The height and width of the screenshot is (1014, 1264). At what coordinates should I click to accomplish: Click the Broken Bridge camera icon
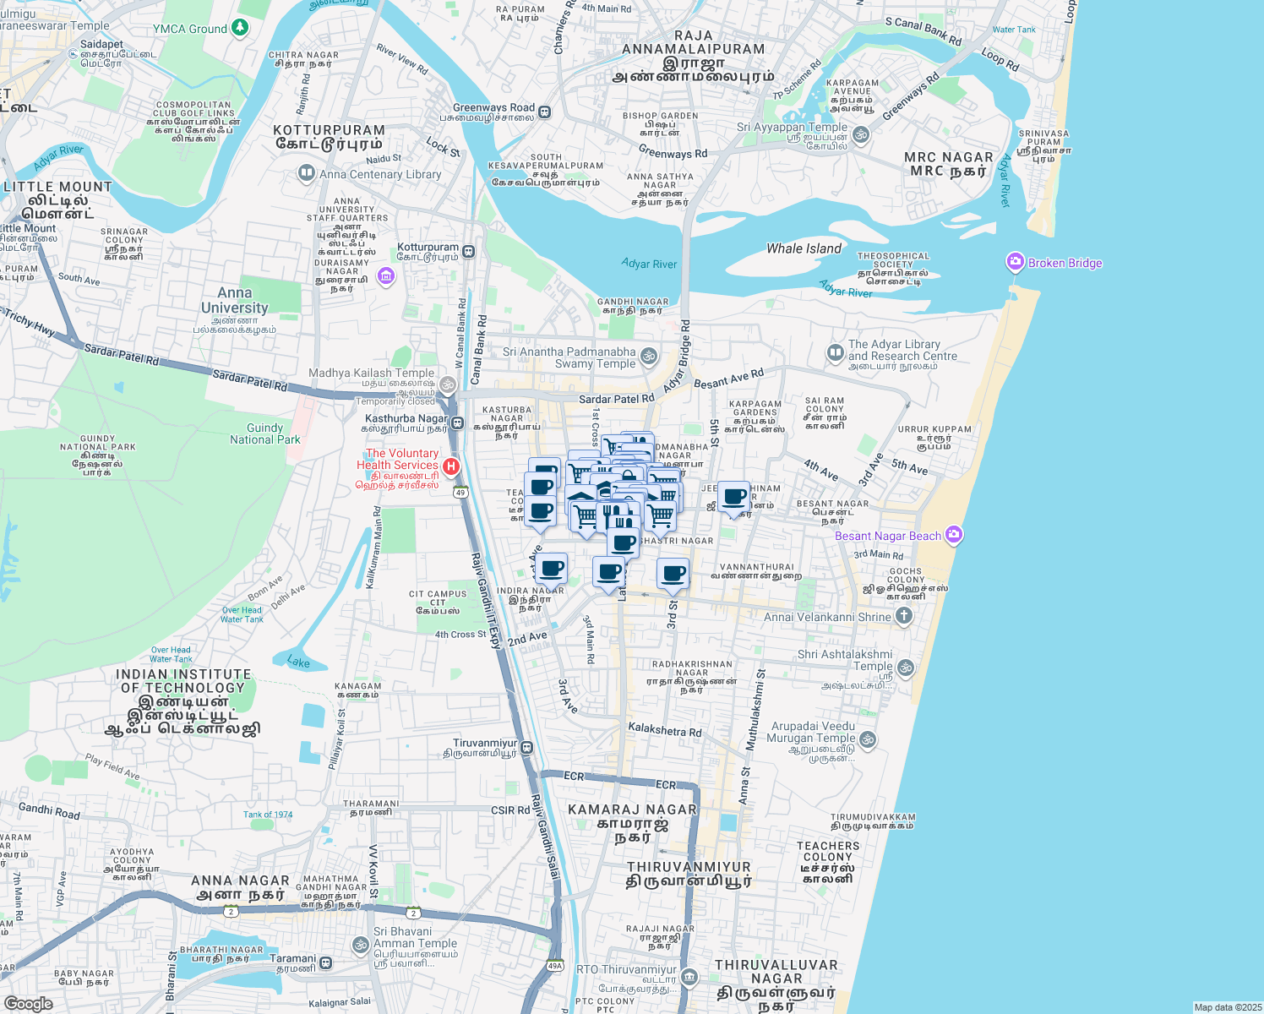(1015, 263)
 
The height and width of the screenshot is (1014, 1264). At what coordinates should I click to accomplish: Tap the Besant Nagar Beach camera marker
(954, 535)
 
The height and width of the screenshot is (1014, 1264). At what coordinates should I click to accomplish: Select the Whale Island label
(804, 248)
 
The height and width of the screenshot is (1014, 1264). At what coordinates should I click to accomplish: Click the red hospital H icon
(451, 466)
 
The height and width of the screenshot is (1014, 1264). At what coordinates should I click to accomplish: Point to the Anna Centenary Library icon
(306, 174)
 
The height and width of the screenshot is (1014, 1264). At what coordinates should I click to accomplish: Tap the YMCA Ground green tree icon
(240, 29)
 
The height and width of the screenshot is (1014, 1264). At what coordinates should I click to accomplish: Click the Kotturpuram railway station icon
(468, 252)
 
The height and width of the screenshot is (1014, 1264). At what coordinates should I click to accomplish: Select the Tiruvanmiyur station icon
(526, 747)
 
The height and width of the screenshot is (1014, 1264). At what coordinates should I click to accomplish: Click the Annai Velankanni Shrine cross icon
(903, 616)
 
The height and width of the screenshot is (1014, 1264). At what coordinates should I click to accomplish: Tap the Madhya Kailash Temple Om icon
(448, 384)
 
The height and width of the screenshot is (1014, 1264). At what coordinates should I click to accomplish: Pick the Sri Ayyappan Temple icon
(861, 134)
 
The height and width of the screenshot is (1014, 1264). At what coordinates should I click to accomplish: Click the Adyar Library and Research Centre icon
(835, 352)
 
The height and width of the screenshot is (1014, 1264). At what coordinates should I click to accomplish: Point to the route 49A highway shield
(554, 966)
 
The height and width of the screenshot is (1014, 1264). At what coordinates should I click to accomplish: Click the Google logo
(28, 1003)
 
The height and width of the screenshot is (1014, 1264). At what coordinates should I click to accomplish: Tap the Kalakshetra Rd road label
(664, 730)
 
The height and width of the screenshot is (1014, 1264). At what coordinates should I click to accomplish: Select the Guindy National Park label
(264, 433)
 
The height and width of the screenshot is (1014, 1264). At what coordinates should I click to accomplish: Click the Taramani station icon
(325, 962)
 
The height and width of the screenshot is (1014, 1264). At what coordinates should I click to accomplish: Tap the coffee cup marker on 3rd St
(673, 575)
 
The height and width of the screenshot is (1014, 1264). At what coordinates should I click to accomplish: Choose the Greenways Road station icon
(545, 112)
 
